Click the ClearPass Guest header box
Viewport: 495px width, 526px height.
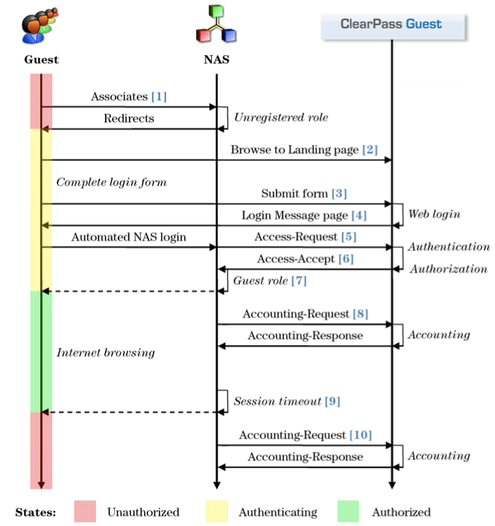[x=393, y=24]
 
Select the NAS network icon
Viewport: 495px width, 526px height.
[x=216, y=25]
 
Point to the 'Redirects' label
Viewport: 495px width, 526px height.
[x=129, y=118]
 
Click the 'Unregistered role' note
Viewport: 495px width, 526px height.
[x=281, y=118]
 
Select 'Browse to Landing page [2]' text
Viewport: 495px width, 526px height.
[x=303, y=150]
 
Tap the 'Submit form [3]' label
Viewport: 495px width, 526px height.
[x=303, y=194]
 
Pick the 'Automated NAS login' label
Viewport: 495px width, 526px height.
[x=128, y=237]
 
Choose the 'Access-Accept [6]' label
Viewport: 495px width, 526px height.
[x=305, y=259]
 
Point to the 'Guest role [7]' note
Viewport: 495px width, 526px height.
[x=270, y=281]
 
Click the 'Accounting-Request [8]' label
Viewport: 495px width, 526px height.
[x=305, y=314]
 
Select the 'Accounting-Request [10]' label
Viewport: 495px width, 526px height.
[x=305, y=434]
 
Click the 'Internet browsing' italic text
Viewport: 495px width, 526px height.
[x=106, y=352]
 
